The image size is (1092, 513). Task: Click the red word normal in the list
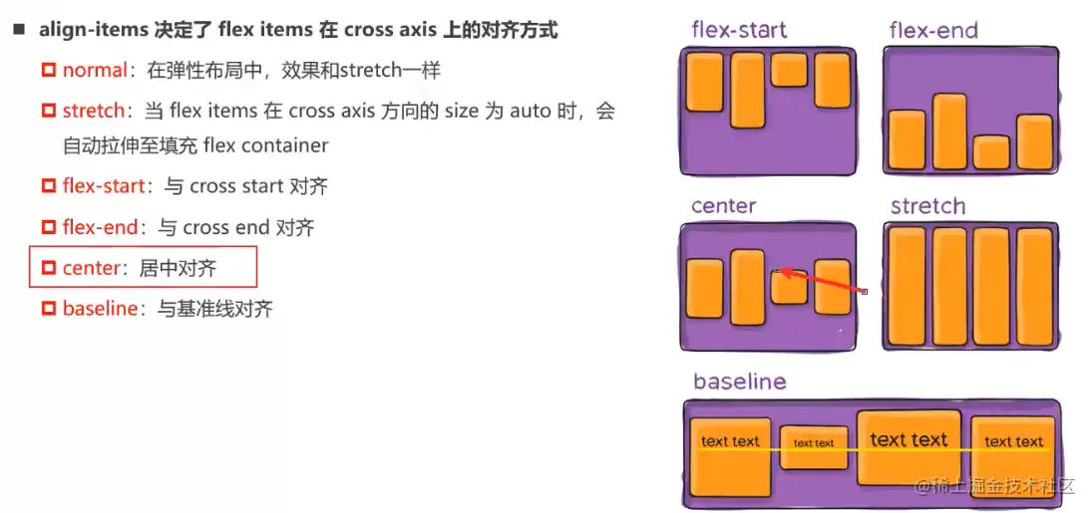tap(95, 71)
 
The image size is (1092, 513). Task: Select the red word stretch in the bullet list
tap(94, 111)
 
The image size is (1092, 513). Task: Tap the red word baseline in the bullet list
tap(100, 309)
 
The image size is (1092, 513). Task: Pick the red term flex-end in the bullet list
tap(99, 228)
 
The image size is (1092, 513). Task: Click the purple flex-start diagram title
tap(739, 30)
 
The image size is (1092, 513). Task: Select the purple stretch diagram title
tap(927, 207)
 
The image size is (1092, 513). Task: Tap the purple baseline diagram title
tap(739, 382)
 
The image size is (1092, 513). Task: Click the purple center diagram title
tap(723, 207)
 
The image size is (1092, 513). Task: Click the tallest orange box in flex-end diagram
tap(948, 131)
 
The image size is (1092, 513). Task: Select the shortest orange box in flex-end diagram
tap(991, 152)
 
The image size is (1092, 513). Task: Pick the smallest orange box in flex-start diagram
tap(788, 70)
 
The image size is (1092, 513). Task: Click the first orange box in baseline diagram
tap(730, 455)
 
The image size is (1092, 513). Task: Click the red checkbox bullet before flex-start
tap(48, 187)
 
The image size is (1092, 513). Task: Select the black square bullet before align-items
tap(18, 31)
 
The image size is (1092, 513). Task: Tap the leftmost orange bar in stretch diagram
tap(906, 286)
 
